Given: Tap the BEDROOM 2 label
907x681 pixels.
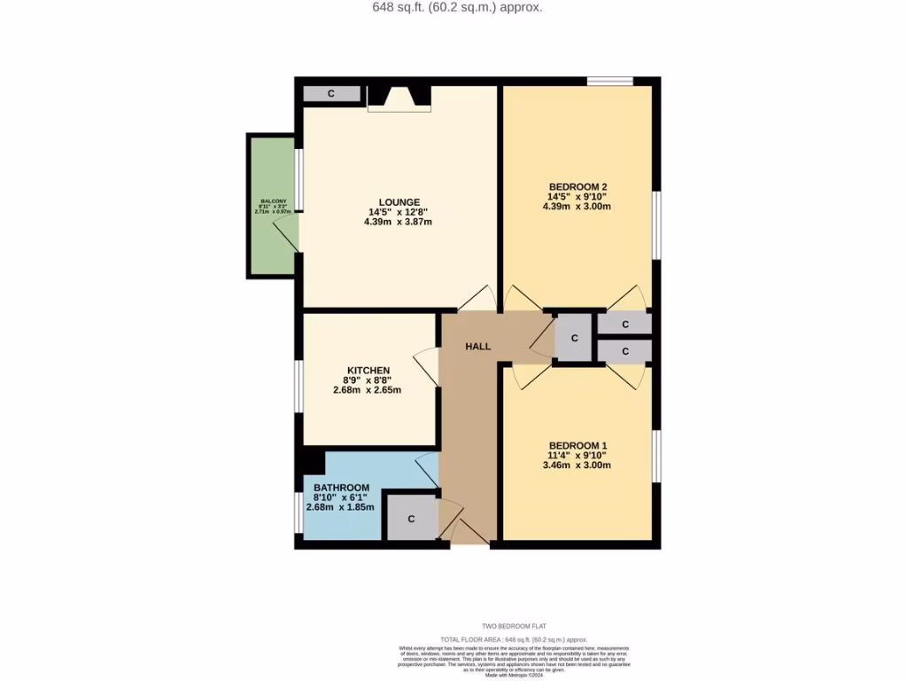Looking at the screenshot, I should coord(577,186).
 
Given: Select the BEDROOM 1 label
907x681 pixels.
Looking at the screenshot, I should coord(577,445).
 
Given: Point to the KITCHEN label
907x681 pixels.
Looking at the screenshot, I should coord(368,370).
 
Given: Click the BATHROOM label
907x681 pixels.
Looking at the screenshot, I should coord(340,488).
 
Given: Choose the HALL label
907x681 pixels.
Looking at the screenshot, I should coord(478,347).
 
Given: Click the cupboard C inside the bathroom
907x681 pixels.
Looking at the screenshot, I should coord(411,519).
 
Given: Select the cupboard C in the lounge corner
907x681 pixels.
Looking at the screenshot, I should coord(331,93).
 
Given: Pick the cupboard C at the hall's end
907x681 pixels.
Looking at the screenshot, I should coord(574,338).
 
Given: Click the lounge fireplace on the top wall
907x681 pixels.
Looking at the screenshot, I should coord(399,98).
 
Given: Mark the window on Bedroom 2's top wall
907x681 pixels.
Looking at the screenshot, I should coord(609,82).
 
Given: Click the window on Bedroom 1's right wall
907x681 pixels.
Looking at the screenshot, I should coord(656,457).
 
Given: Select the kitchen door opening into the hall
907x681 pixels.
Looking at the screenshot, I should coord(427,365).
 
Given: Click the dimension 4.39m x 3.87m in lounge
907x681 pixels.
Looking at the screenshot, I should coord(398,223).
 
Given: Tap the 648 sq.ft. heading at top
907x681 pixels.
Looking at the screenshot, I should coord(453,7).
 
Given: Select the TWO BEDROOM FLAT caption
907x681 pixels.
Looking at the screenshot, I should coord(516,626).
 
